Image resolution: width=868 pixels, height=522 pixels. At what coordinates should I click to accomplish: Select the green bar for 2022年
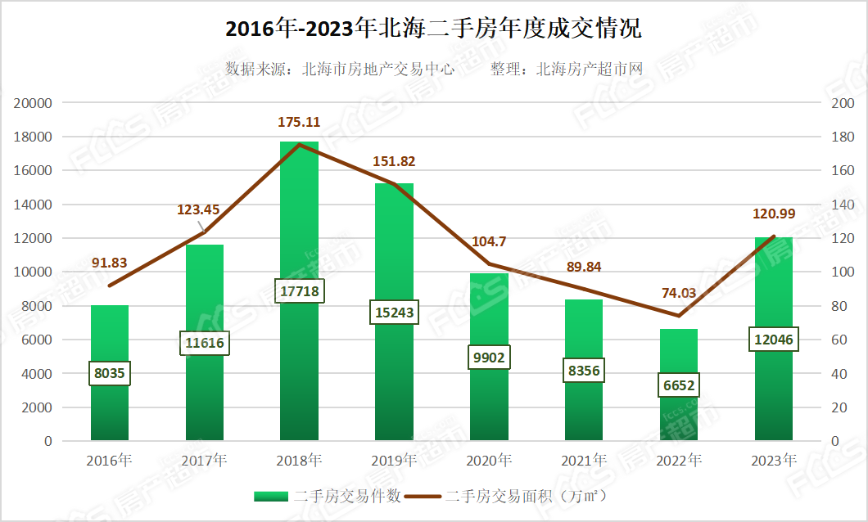pyautogui.click(x=678, y=352)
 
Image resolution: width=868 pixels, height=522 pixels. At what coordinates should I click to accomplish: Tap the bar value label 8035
pyautogui.click(x=110, y=374)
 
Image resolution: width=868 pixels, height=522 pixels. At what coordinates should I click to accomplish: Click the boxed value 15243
pyautogui.click(x=394, y=313)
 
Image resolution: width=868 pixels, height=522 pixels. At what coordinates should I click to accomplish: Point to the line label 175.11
pyautogui.click(x=299, y=123)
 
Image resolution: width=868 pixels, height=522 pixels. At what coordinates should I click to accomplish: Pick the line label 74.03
pyautogui.click(x=678, y=294)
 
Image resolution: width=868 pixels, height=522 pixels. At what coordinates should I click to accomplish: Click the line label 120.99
pyautogui.click(x=773, y=214)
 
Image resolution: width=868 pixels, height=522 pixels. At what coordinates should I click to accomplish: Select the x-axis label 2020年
pyautogui.click(x=489, y=461)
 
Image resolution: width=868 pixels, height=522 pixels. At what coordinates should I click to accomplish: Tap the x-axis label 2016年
pyautogui.click(x=110, y=461)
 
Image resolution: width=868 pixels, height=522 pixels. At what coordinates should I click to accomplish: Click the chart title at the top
pyautogui.click(x=433, y=29)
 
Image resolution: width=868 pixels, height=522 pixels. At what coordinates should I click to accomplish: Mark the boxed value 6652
pyautogui.click(x=678, y=385)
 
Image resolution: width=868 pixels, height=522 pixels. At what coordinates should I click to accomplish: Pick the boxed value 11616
pyautogui.click(x=205, y=343)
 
